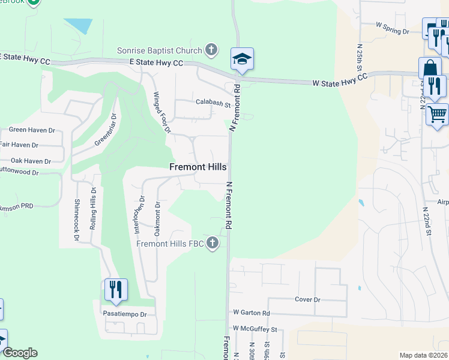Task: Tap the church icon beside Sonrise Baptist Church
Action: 211,49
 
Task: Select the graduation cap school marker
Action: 242,59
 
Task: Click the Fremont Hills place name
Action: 198,167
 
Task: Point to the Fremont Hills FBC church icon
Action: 212,244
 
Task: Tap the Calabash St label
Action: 213,103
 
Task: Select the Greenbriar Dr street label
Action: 104,131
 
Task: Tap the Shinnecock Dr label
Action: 77,220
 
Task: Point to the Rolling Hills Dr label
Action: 93,208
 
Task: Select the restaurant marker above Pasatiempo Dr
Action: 116,289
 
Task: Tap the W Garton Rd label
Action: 252,313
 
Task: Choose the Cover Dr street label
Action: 308,299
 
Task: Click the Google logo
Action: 19,353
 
